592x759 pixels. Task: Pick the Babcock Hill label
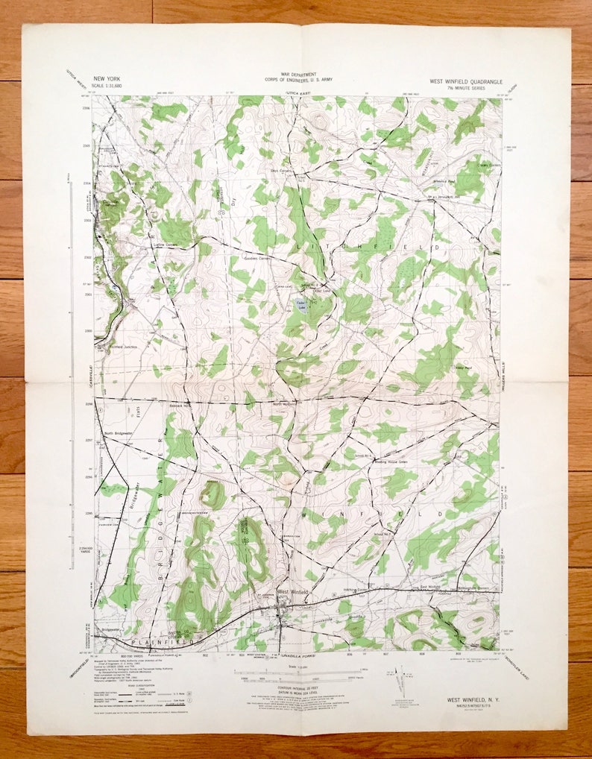[180, 406]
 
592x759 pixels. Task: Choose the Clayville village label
[110, 201]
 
